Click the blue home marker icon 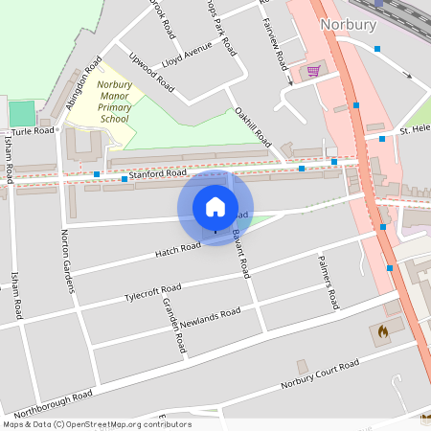tap(215, 207)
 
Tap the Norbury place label tap(348, 25)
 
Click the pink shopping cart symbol tap(313, 71)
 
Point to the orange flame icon tap(383, 331)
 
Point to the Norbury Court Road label tap(320, 374)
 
